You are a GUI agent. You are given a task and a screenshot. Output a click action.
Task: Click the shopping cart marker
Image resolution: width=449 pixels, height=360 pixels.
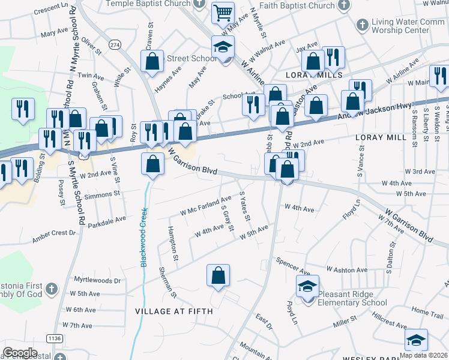[223, 12]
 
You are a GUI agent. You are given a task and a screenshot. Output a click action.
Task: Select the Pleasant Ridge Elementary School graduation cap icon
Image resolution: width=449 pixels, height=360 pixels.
[308, 287]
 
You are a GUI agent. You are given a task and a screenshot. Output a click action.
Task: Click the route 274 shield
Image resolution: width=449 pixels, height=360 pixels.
[115, 44]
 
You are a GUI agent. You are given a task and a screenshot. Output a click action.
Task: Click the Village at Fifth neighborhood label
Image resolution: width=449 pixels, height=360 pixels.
[167, 311]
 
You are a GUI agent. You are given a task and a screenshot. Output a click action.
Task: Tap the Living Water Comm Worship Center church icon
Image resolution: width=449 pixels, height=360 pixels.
[362, 25]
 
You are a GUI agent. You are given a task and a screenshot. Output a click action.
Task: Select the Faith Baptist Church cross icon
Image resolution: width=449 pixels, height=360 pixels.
[343, 6]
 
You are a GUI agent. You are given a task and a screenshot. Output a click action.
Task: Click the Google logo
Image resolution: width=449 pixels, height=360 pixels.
[20, 353]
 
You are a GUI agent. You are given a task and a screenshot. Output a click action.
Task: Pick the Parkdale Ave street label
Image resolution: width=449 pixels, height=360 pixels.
[106, 218]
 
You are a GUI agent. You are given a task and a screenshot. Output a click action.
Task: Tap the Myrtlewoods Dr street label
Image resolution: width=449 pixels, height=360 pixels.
[97, 280]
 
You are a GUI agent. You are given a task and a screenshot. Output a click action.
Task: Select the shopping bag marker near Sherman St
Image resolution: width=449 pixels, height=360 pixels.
[218, 275]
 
